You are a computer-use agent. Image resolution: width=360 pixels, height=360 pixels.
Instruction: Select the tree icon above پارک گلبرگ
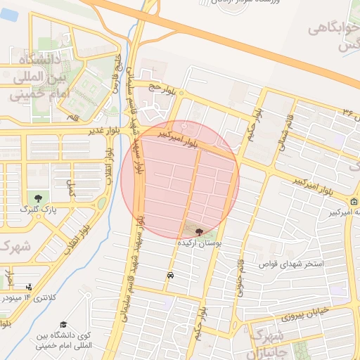click(x=38, y=198)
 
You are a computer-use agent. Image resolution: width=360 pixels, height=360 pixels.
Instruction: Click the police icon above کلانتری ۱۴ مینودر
click(x=28, y=287)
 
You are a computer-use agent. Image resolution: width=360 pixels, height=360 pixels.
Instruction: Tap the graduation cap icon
click(x=63, y=324)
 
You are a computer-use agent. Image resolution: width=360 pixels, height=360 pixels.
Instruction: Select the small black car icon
click(x=170, y=276)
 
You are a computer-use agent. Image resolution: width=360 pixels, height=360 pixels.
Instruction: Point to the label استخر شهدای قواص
click(x=292, y=264)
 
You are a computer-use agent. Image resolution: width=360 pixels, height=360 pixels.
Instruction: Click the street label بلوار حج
click(x=160, y=87)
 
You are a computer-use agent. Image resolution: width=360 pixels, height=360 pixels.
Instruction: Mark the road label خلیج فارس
click(x=116, y=76)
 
